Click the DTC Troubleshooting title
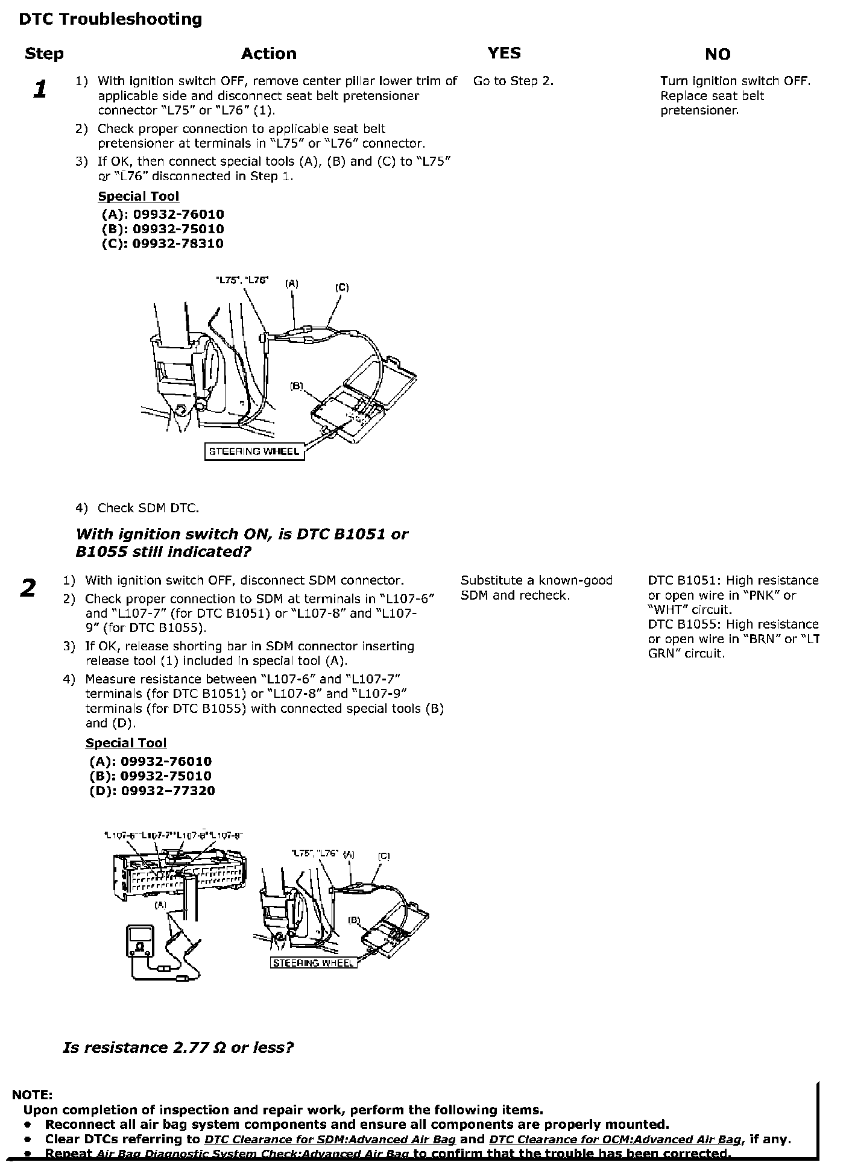click(110, 19)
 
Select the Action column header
click(268, 54)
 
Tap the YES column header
click(504, 53)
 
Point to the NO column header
click(717, 54)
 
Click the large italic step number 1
click(40, 89)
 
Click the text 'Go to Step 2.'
click(513, 81)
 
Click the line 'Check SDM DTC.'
click(148, 508)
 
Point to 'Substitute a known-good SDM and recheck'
click(536, 588)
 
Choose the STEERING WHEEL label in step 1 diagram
click(253, 451)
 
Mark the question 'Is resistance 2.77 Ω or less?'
click(178, 1047)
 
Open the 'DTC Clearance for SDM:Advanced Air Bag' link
click(330, 1140)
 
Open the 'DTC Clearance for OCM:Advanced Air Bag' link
click(614, 1140)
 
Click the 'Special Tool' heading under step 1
click(138, 196)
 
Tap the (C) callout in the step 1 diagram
click(341, 287)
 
